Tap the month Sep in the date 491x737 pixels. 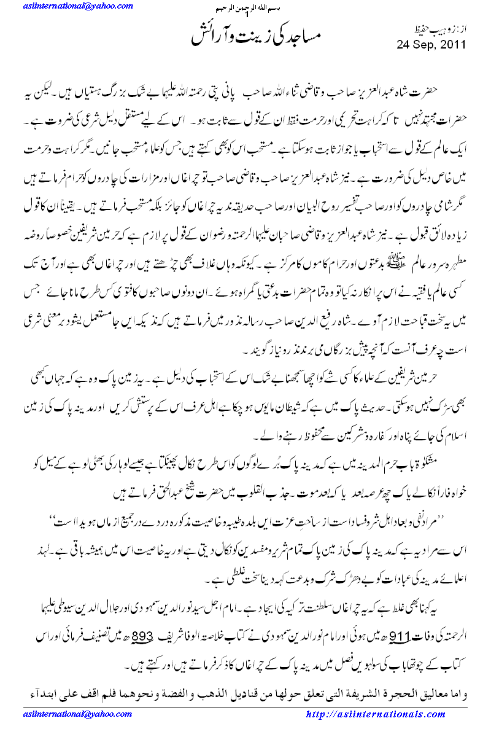423,44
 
